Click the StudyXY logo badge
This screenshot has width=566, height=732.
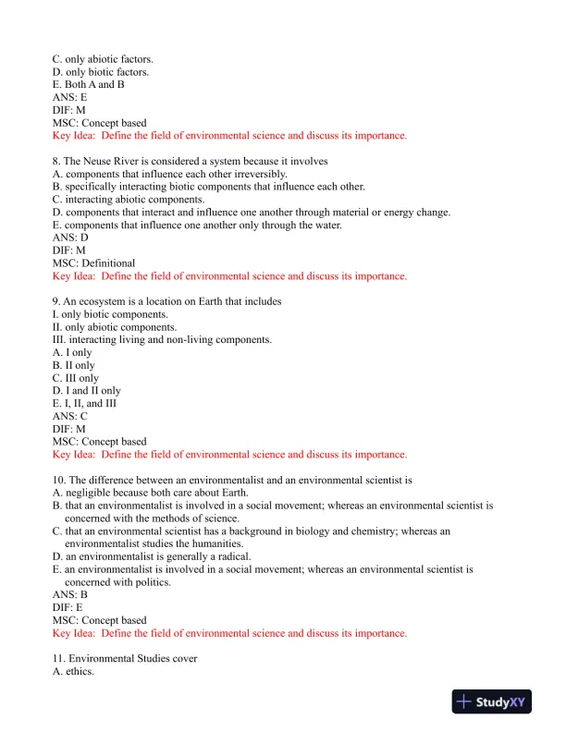click(x=496, y=702)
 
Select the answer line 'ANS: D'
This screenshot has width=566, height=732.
click(x=70, y=238)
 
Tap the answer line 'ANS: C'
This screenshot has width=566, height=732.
click(x=70, y=417)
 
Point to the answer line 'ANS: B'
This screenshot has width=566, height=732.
click(x=70, y=595)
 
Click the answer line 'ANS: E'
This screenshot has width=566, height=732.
click(x=70, y=97)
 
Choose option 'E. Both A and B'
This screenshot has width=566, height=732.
click(x=89, y=84)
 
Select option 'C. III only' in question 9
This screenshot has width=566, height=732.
click(x=76, y=378)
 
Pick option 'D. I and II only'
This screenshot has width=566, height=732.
click(x=87, y=391)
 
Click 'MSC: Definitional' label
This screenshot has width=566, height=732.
click(x=93, y=263)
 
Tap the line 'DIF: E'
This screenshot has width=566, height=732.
click(x=68, y=608)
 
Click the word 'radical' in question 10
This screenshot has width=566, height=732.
click(x=229, y=556)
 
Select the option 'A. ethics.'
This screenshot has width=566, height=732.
click(x=73, y=672)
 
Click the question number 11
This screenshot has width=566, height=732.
click(x=58, y=659)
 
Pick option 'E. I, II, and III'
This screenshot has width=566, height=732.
click(x=85, y=404)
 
